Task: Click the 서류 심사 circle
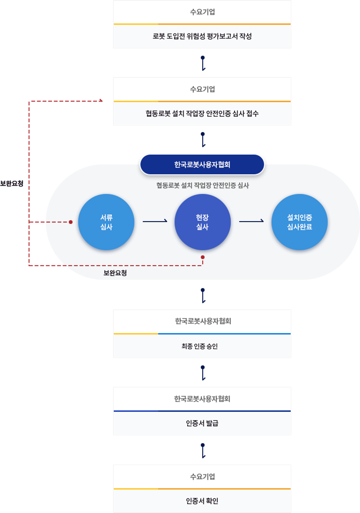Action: (106, 222)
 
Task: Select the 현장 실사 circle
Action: (203, 222)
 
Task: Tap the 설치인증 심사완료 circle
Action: (299, 222)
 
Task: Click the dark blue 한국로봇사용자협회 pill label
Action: (202, 164)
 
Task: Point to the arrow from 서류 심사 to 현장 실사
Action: (155, 221)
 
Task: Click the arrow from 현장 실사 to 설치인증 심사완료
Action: (251, 221)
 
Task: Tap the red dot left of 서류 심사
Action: (71, 222)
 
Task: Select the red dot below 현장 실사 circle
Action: (203, 257)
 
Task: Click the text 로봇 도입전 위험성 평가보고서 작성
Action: (202, 36)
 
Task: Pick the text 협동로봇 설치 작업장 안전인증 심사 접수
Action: (202, 114)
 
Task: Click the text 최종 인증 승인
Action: (200, 346)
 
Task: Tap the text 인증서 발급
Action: (202, 423)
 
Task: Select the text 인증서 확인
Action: (202, 501)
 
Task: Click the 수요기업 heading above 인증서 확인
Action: (203, 477)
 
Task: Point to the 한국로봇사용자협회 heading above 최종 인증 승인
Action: (203, 321)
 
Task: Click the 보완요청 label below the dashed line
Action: (115, 273)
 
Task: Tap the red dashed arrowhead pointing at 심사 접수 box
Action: (101, 101)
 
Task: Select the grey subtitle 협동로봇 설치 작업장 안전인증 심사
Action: (203, 186)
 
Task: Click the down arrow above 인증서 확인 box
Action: (203, 451)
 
